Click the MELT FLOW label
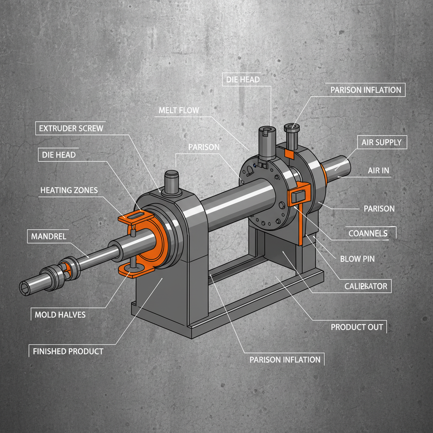(178, 110)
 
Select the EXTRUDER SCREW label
(71, 128)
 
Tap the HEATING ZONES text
(69, 190)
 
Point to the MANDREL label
(49, 236)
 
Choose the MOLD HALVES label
(60, 315)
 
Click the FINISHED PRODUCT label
(68, 351)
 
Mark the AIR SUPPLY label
(381, 142)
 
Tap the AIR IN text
(378, 170)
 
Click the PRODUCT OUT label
(356, 326)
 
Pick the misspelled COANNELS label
(367, 233)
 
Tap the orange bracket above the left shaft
(135, 217)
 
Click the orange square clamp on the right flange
(299, 195)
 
